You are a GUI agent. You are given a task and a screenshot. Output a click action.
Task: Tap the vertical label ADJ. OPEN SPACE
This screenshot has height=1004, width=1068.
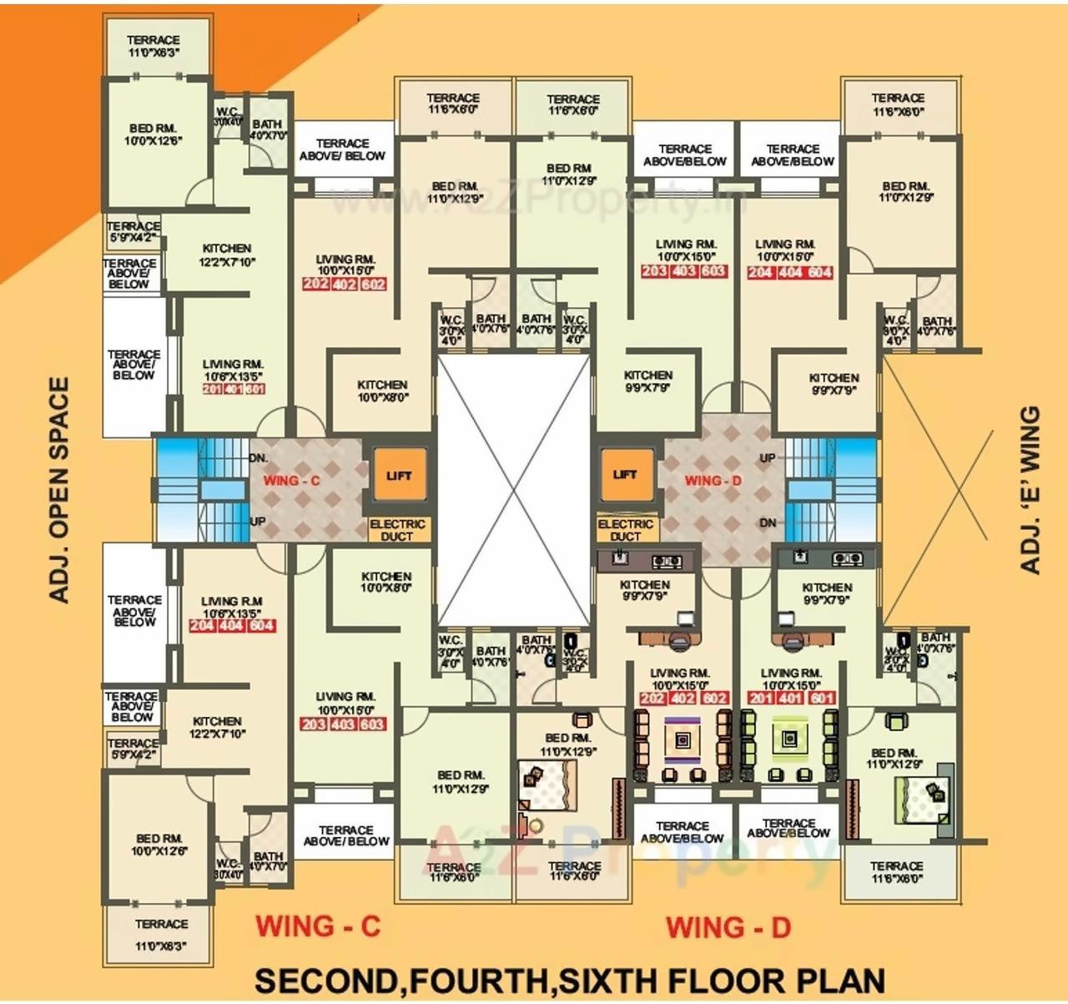[58, 490]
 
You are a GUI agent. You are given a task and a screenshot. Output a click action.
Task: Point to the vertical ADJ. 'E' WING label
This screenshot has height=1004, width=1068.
[1030, 490]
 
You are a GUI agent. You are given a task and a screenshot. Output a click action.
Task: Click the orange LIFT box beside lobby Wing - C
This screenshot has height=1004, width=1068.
[399, 476]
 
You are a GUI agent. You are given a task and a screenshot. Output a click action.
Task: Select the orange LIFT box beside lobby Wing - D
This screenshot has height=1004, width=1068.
[625, 475]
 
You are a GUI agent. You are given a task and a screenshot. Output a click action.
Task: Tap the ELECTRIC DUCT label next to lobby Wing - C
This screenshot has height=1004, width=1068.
[397, 530]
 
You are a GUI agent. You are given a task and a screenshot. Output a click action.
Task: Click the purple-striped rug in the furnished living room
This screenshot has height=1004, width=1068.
[683, 739]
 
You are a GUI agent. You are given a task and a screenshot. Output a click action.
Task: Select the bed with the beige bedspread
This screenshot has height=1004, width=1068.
[547, 785]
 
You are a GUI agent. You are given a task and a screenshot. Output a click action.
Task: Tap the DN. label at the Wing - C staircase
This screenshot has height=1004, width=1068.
[259, 458]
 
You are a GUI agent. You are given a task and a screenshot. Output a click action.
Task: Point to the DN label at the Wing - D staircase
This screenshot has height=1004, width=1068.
[768, 523]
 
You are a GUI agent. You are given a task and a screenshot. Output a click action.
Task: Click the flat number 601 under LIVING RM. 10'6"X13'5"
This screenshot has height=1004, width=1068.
[255, 390]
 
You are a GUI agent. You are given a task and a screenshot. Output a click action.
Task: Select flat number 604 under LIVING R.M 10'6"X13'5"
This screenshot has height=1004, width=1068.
[262, 626]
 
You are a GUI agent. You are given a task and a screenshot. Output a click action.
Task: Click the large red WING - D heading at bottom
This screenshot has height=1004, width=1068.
[728, 927]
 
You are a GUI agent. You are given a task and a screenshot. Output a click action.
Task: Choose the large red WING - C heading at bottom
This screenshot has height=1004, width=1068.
[318, 926]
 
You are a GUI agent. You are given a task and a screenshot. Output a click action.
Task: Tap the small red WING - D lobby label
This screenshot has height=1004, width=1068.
[713, 481]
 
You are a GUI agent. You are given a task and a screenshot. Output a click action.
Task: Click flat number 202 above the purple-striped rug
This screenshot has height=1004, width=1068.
[653, 699]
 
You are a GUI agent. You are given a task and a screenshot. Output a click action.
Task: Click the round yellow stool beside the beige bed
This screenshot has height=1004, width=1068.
[534, 825]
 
